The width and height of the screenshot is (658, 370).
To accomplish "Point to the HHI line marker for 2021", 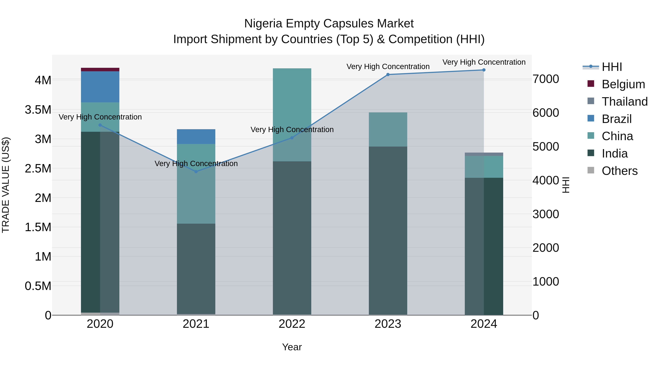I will pos(196,172).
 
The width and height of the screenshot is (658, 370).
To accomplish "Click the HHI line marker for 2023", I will pos(388,75).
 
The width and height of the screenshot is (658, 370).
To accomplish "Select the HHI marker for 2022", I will pos(292,138).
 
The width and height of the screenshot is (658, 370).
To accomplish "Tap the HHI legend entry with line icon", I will pos(612,67).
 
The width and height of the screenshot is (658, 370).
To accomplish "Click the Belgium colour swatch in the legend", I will pos(591,84).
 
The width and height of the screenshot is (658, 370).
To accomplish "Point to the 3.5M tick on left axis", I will pos(38,110).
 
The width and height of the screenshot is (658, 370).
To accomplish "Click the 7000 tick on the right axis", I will pos(546,79).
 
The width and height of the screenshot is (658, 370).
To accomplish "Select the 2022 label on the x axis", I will pos(292,324).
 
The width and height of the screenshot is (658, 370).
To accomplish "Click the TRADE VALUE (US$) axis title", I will pos(6,185).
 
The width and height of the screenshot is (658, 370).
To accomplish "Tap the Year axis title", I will pos(292,347).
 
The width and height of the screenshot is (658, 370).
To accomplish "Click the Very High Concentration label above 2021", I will pos(196,163).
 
